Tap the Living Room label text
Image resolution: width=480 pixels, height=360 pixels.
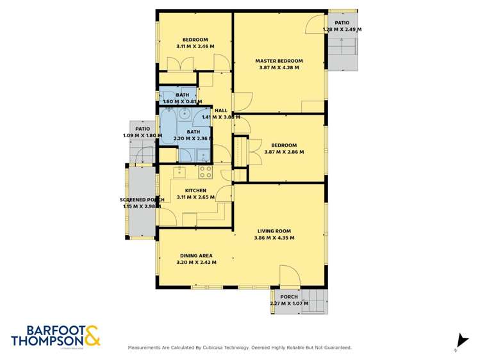click(x=274, y=231)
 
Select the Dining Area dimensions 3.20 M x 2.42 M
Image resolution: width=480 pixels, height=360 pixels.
click(x=196, y=262)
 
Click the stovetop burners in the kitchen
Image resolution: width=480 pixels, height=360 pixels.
click(x=206, y=172)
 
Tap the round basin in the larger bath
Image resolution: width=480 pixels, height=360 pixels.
click(x=185, y=114)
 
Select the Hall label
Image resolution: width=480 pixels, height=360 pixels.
click(x=221, y=110)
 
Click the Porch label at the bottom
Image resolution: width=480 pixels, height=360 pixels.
click(x=289, y=297)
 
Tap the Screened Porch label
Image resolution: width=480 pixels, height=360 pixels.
click(x=142, y=200)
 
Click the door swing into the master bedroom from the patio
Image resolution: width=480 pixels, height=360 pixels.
click(x=315, y=24)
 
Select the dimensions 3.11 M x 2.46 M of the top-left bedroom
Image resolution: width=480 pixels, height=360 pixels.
click(x=195, y=46)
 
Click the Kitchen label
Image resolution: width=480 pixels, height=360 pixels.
click(x=195, y=190)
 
